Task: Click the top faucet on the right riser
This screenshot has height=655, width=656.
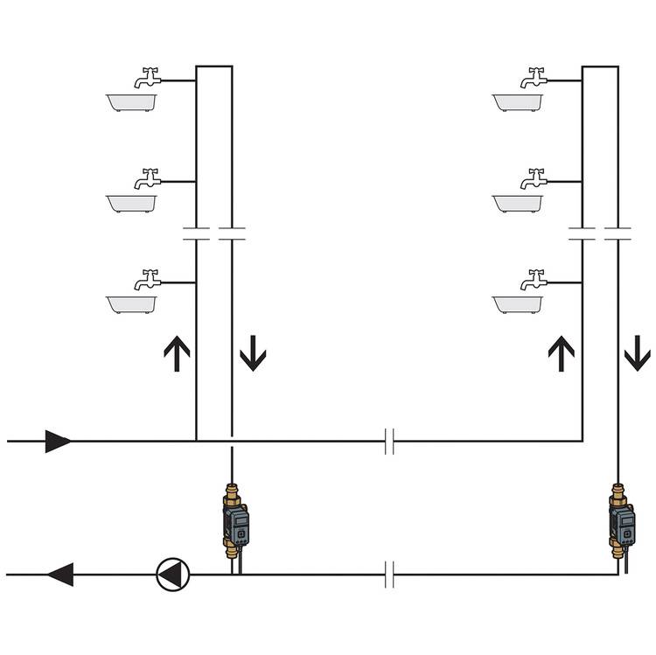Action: click(534, 79)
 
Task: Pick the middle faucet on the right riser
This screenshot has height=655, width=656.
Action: click(534, 179)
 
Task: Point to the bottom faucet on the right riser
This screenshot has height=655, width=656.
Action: click(534, 280)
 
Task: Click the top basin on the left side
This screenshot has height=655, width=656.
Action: click(131, 102)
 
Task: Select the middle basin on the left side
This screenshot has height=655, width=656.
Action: click(131, 204)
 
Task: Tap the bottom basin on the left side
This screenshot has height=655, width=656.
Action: click(131, 304)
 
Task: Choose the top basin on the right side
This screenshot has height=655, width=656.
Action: click(518, 102)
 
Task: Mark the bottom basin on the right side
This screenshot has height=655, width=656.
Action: click(518, 304)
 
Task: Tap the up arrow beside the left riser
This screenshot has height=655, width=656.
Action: click(177, 353)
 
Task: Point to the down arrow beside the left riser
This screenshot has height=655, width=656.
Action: click(252, 353)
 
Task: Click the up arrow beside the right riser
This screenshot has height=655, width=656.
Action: click(562, 353)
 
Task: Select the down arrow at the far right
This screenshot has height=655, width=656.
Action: click(638, 353)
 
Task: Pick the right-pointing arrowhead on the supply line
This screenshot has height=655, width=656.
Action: click(58, 441)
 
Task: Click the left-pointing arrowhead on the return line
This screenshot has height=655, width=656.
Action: click(59, 575)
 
